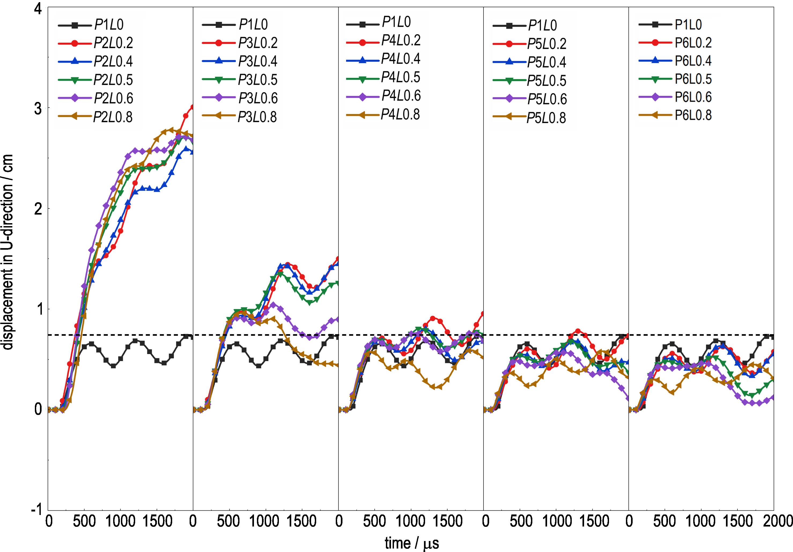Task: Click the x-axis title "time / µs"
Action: click(x=412, y=543)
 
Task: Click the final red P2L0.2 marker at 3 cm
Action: click(x=192, y=107)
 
